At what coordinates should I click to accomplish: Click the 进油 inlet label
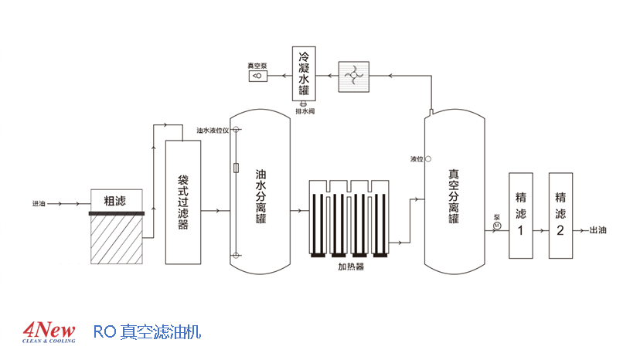(x=39, y=204)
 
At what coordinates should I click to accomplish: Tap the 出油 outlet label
(x=598, y=229)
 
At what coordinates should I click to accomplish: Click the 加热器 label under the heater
(x=350, y=267)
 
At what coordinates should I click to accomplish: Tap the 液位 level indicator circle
(x=428, y=159)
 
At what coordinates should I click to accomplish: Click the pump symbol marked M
(x=497, y=225)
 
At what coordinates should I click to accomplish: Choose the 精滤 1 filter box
(x=520, y=216)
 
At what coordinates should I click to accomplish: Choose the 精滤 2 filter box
(x=560, y=216)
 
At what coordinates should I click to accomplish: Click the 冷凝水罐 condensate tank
(x=304, y=74)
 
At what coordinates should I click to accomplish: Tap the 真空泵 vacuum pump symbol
(x=256, y=76)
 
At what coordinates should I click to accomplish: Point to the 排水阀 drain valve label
(x=305, y=111)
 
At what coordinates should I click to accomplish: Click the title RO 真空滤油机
(x=147, y=332)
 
